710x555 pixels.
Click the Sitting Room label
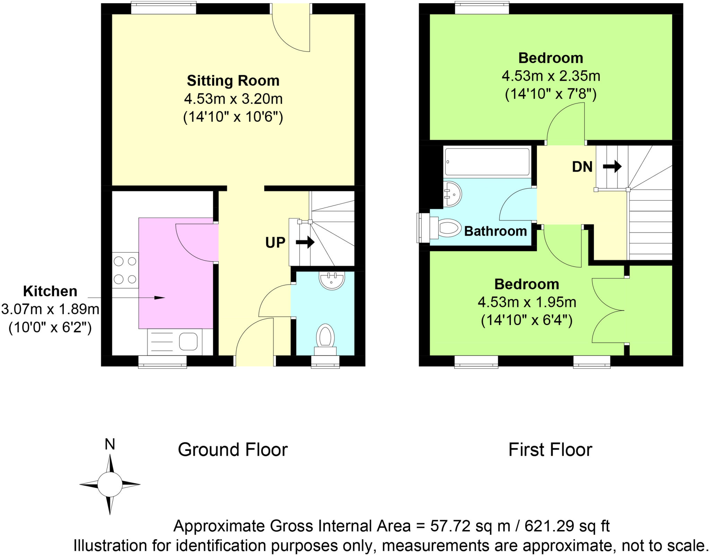233,81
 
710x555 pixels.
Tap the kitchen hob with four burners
125,270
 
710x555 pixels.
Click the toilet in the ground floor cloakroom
325,336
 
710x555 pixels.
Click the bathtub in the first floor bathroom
487,162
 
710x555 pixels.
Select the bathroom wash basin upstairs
452,194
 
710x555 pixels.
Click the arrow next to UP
305,242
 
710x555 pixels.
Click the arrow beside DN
612,167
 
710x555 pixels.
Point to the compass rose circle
110,485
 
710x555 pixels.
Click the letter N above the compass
110,444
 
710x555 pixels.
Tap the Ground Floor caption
233,450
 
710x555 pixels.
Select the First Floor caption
550,450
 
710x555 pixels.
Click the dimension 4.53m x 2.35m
551,76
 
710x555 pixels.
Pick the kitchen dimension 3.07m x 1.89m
50,309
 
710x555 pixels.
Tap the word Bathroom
495,231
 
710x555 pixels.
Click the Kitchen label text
50,291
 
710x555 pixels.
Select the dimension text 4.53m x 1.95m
527,302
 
